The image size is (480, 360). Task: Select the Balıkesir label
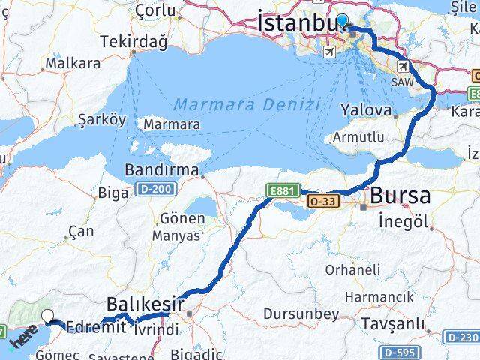144,304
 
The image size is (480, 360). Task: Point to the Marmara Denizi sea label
249,103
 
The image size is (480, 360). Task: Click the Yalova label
366,110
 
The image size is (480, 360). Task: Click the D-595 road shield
397,350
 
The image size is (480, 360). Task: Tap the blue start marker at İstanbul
342,21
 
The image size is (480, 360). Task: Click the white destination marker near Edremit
49,316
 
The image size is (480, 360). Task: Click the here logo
22,342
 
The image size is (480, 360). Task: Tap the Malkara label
73,64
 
